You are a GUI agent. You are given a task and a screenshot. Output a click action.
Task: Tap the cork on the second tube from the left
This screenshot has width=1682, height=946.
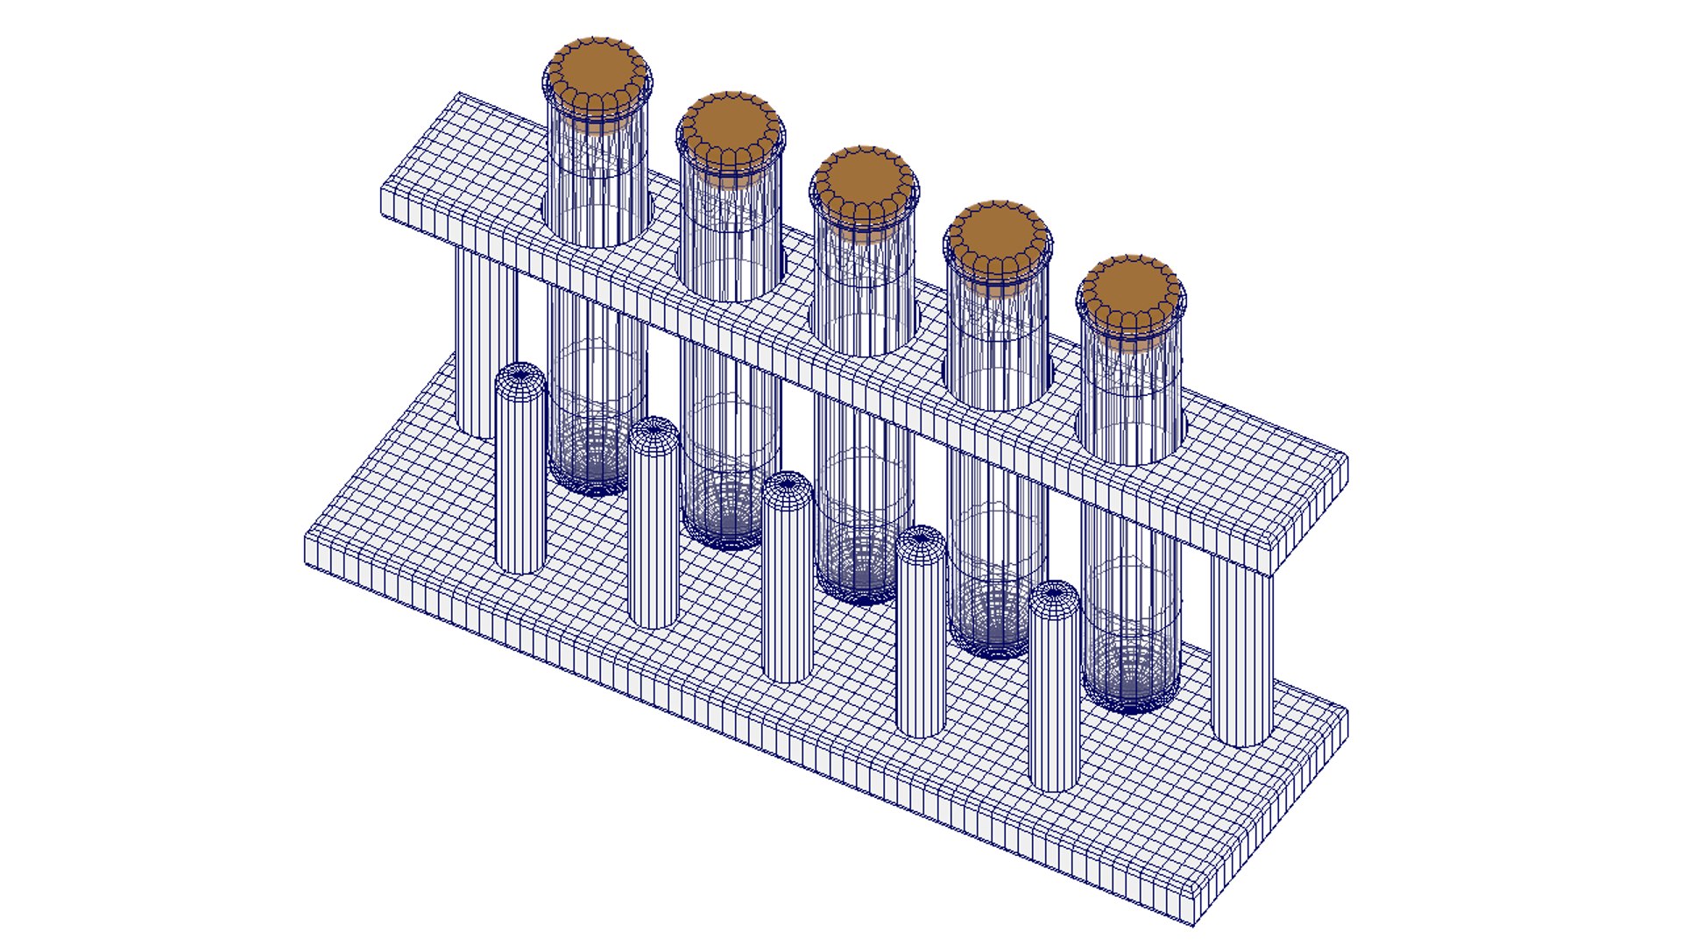pos(730,128)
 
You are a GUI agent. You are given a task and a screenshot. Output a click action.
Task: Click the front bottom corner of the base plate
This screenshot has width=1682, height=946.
pos(1194,920)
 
